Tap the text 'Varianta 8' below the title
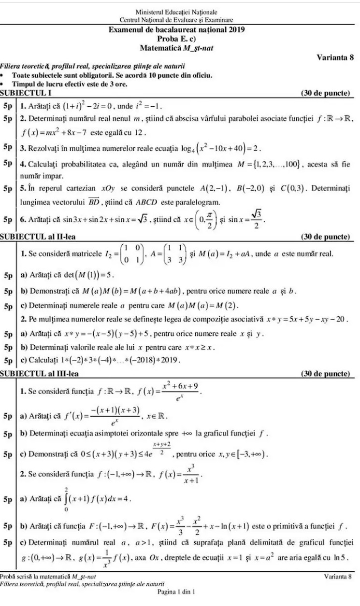click(335, 57)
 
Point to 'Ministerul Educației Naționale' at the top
click(176, 12)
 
